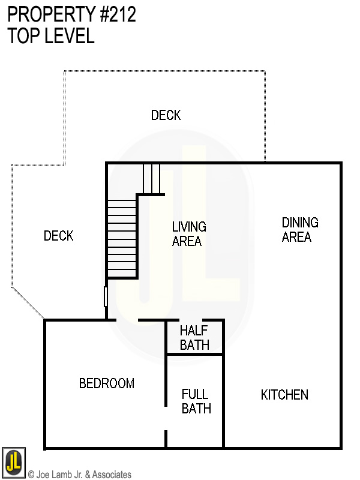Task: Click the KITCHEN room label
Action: coord(284,395)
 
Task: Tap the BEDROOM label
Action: coord(107,383)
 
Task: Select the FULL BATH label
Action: coord(196,401)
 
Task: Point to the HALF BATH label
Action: coord(194,338)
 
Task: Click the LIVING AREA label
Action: coord(189,234)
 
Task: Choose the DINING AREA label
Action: coord(299,230)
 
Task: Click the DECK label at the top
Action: coord(166,115)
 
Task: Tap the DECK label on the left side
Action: coord(59,236)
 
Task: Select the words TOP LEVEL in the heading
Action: coord(51,36)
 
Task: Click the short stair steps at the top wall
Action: coord(152,178)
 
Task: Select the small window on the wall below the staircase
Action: coord(106,296)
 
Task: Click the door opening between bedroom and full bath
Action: coord(166,418)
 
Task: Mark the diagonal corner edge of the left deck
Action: coord(28,304)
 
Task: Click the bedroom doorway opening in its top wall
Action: coord(127,320)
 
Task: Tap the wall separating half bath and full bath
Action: coord(194,355)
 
